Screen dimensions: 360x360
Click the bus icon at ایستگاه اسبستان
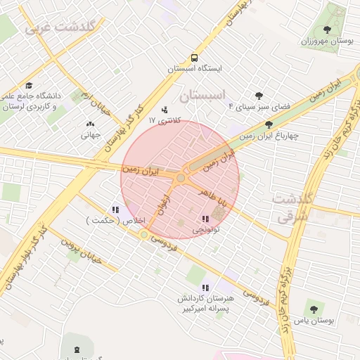pos(193,58)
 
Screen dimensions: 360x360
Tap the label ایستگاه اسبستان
pos(195,70)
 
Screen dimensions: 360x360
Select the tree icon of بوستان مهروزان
pos(327,30)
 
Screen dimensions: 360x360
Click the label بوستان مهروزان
pos(326,41)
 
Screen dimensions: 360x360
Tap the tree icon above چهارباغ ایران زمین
pos(269,124)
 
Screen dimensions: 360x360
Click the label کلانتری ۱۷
pos(165,120)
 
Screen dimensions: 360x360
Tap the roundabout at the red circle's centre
pos(181,179)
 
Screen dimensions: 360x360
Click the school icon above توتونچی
pos(205,219)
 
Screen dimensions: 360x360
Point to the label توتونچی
pos(206,230)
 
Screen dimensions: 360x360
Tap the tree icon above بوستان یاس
pos(313,309)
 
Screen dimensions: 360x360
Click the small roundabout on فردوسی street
pos(144,234)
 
